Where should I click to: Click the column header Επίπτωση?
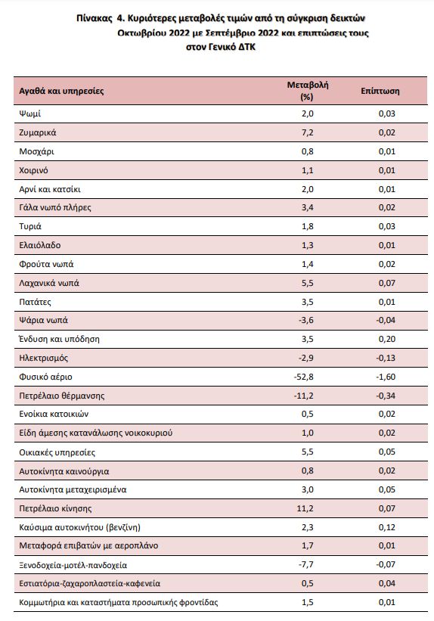click(380, 91)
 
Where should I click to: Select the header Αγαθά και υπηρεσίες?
click(61, 91)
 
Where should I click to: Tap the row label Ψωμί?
click(29, 114)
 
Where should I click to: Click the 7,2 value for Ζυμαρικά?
click(307, 132)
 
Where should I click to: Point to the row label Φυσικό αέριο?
click(45, 377)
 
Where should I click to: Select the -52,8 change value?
click(304, 377)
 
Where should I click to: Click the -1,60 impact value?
click(386, 377)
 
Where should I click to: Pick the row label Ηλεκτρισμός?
click(44, 358)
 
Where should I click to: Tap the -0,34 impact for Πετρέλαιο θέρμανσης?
click(386, 396)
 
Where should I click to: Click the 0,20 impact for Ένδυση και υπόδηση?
click(387, 339)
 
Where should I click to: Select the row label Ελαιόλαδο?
click(40, 245)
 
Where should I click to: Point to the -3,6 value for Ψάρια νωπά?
click(306, 320)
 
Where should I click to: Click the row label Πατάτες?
click(36, 303)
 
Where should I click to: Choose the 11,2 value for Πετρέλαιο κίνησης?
click(305, 508)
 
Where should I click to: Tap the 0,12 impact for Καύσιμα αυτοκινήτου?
click(387, 527)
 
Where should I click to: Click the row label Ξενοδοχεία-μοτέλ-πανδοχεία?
click(73, 565)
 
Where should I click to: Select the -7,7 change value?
click(306, 564)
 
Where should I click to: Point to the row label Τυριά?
click(30, 226)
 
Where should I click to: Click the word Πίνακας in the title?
click(95, 18)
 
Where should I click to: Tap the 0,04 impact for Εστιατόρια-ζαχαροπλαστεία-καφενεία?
click(387, 583)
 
